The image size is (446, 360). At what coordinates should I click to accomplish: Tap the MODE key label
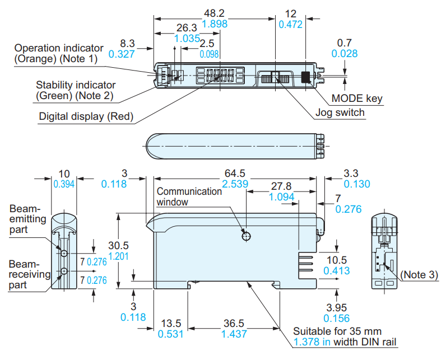pyautogui.click(x=357, y=99)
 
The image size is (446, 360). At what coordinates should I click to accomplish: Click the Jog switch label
pyautogui.click(x=340, y=113)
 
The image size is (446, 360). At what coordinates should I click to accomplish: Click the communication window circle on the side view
pyautogui.click(x=245, y=236)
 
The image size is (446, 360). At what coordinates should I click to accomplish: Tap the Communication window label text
pyautogui.click(x=189, y=197)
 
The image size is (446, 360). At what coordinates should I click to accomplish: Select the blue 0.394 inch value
pyautogui.click(x=64, y=184)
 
